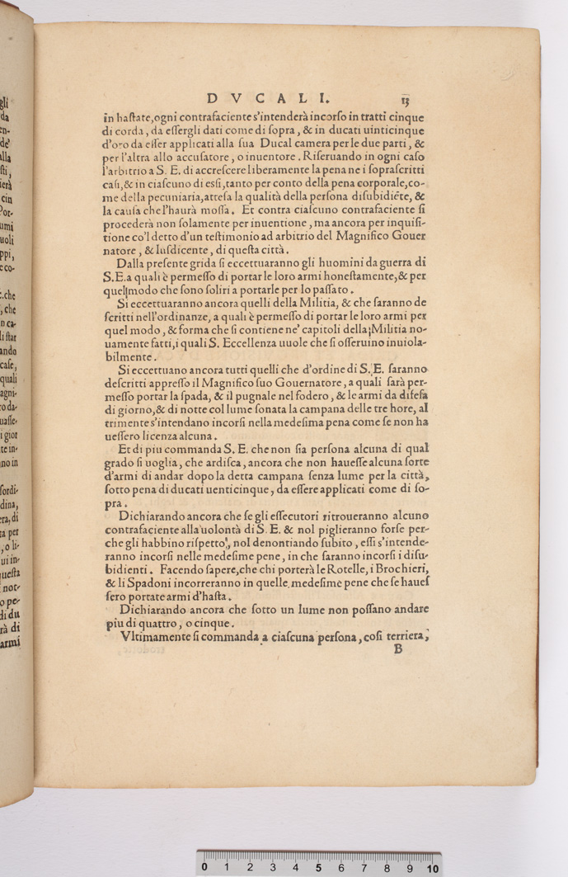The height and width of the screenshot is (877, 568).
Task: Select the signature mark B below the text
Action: pos(397,649)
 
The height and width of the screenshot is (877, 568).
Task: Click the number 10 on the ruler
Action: pos(432,868)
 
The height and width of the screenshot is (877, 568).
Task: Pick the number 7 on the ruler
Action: pos(364,868)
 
